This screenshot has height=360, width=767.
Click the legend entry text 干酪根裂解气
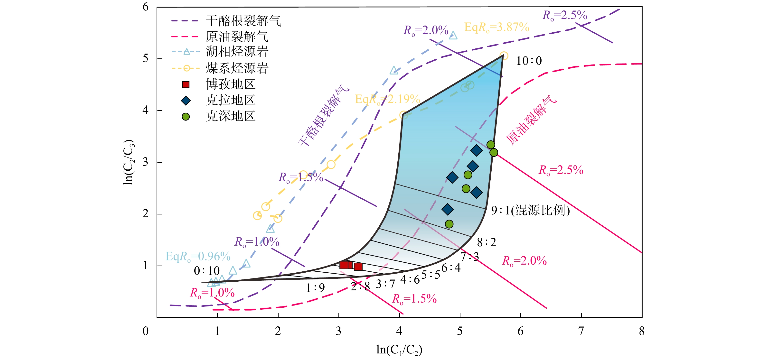243,21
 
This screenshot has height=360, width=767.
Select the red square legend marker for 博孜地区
186,84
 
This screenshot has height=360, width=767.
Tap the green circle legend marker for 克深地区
186,116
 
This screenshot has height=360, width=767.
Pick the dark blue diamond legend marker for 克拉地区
186,101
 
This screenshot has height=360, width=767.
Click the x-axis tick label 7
581,331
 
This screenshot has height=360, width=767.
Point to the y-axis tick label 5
145,58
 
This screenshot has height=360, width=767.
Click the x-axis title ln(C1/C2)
399,350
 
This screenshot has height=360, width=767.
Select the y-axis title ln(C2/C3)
129,162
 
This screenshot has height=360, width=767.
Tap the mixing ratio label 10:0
529,61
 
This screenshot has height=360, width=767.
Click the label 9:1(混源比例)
530,211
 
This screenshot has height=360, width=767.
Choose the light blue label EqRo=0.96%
198,256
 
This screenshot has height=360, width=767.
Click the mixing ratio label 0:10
207,271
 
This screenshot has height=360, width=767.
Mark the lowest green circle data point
449,224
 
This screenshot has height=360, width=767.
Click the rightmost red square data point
358,267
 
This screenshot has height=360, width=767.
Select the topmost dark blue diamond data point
477,150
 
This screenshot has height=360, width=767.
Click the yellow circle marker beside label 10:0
504,56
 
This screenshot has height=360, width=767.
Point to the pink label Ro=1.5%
414,299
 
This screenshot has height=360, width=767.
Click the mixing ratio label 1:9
315,288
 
